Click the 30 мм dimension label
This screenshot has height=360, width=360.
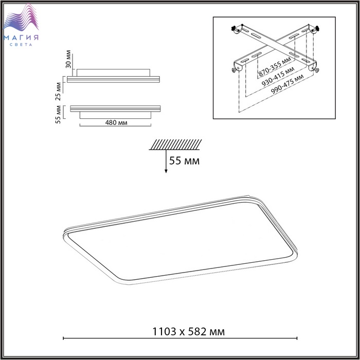coord(68,59)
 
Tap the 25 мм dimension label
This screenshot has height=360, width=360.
coord(58,92)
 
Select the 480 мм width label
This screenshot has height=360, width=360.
coord(116,122)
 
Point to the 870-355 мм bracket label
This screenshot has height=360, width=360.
coord(275,66)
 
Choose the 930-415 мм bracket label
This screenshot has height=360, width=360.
coord(278,77)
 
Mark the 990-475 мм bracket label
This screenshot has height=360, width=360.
coord(287,84)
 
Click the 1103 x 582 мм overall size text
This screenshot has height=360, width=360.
coord(189,332)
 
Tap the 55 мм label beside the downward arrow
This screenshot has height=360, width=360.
coord(184,160)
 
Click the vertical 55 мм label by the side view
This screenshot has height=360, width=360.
coord(58,114)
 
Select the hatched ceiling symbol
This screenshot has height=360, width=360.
coord(175,145)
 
